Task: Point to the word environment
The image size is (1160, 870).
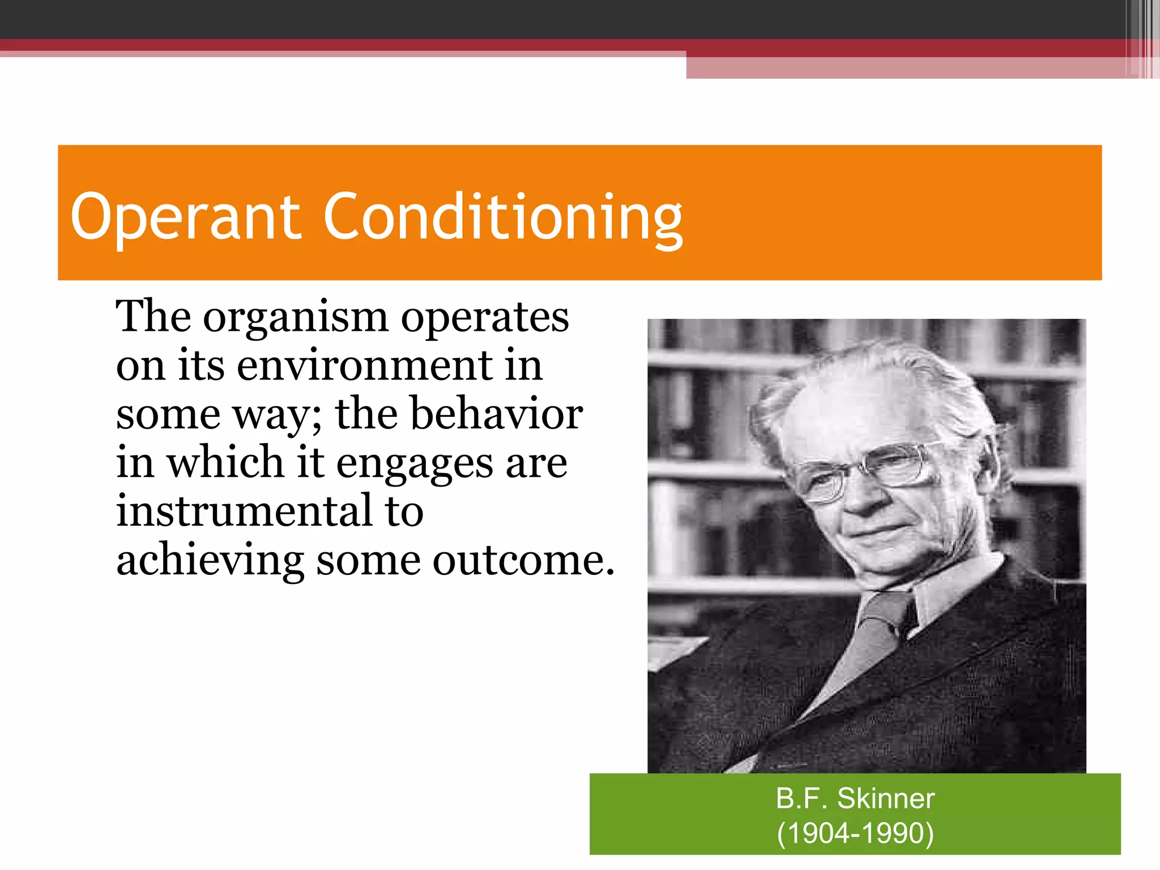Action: pos(365,366)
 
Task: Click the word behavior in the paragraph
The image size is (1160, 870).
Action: pos(496,414)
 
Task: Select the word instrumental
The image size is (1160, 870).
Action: pos(245,511)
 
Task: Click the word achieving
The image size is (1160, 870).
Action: pos(210,561)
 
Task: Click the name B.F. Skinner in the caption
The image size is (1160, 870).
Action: pos(855,799)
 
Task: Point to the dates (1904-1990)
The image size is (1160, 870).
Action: pos(855,833)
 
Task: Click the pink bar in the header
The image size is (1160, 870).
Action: pos(906,68)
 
